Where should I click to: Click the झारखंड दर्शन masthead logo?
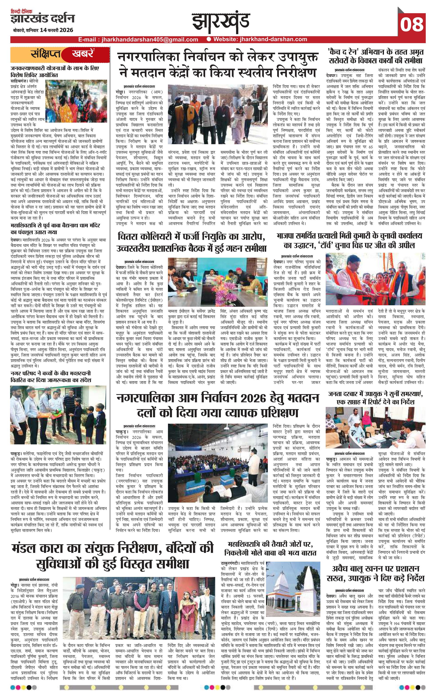click(x=42, y=19)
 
